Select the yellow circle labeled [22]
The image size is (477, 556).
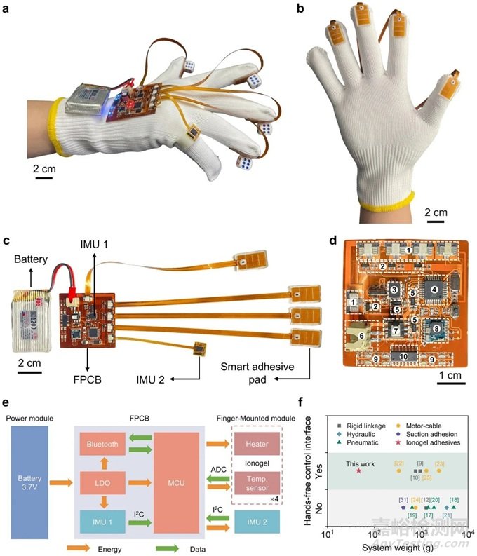pos(399,470)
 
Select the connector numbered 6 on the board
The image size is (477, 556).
pos(364,337)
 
